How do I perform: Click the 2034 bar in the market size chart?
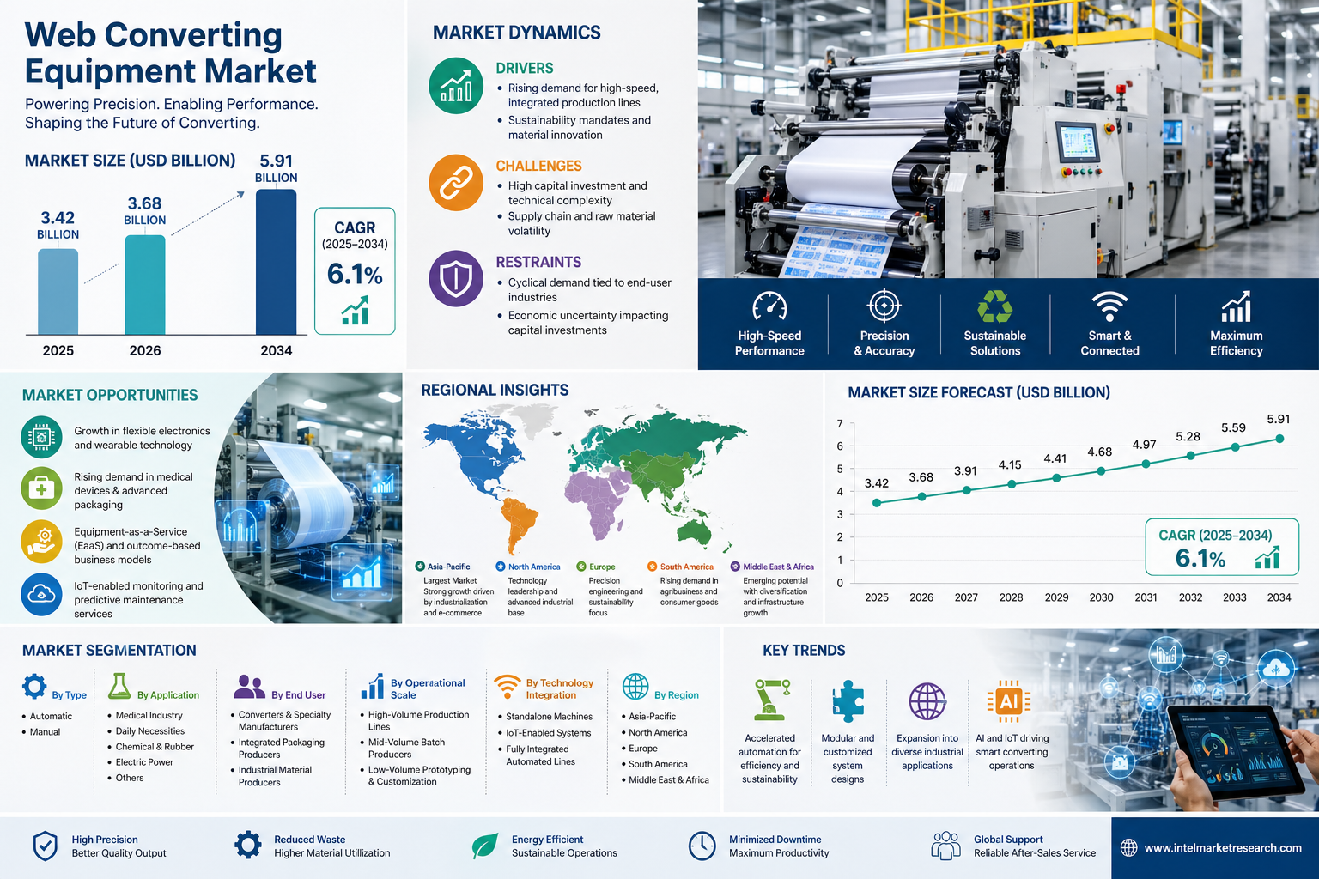[276, 262]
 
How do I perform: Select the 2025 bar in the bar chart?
[58, 292]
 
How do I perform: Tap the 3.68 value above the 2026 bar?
[144, 203]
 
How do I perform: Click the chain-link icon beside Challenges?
[456, 183]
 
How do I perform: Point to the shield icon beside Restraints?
[456, 279]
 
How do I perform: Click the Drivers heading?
[524, 68]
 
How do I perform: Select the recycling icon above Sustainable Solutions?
[994, 306]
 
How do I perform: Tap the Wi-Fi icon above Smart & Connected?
[1109, 306]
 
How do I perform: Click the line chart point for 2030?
[1101, 470]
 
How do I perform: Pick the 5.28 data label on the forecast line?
[1188, 437]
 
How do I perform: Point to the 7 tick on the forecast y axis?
[840, 424]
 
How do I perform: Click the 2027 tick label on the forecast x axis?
[966, 597]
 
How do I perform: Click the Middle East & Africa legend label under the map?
[778, 567]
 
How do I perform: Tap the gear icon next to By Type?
[34, 687]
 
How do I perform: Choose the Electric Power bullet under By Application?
[144, 762]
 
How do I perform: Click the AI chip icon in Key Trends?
[1008, 702]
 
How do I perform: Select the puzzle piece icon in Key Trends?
[848, 701]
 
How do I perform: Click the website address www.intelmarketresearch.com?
[1222, 848]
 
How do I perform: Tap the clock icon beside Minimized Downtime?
[702, 846]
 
